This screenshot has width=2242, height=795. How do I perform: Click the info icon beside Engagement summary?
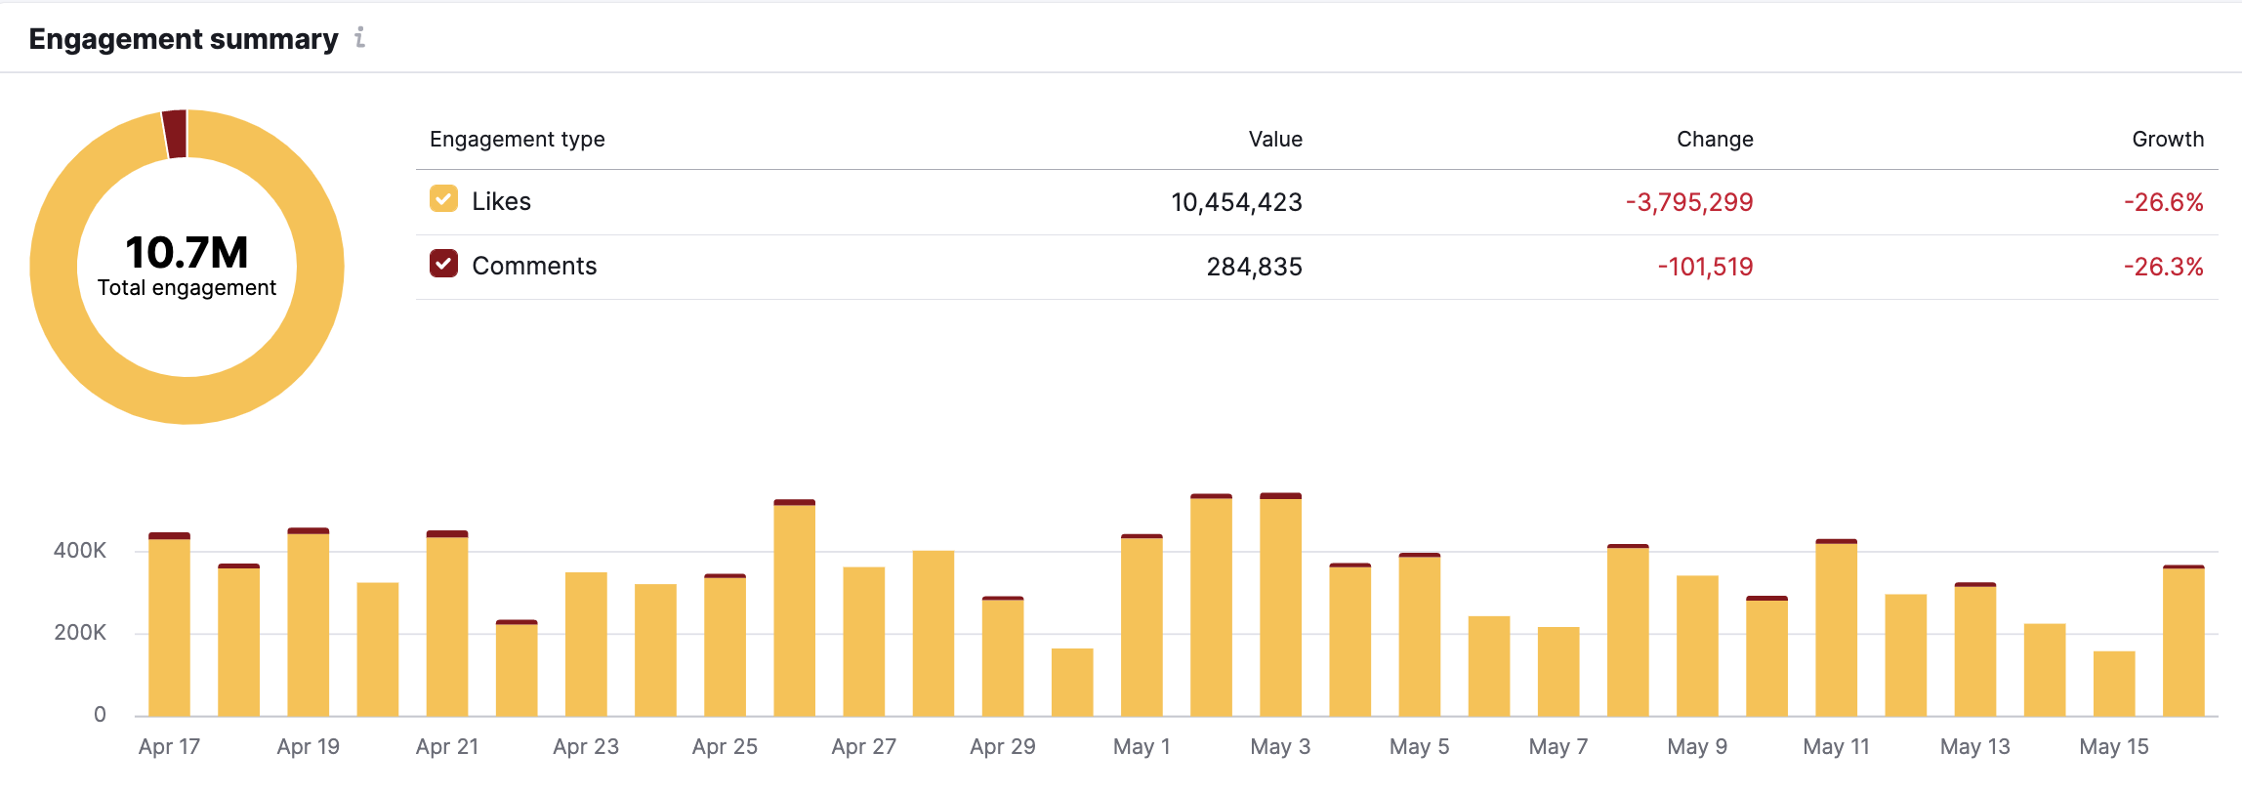360,38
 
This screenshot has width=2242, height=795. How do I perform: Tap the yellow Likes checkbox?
443,200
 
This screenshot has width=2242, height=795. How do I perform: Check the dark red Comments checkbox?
443,265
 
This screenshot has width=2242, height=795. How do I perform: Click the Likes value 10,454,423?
1236,202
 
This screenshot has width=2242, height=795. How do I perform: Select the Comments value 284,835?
1254,267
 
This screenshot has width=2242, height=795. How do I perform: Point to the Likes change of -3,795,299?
1688,202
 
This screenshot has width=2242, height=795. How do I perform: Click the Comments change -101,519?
1705,267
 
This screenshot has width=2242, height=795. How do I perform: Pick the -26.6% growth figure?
2163,202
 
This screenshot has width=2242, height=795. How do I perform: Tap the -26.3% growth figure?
2163,267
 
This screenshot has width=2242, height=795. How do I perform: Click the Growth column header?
2167,139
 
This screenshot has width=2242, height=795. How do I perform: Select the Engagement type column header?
517,139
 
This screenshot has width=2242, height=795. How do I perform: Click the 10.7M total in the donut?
187,253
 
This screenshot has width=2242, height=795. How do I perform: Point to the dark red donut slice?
175,134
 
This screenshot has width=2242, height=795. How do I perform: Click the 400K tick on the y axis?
80,551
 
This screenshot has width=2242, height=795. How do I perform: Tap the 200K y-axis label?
80,633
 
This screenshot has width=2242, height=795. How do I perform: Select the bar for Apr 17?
169,625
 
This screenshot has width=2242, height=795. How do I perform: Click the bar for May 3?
1280,606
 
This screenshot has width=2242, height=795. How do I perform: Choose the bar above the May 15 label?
2114,683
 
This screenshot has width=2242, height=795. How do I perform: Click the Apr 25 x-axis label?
725,747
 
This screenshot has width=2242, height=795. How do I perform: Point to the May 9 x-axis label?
1697,747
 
